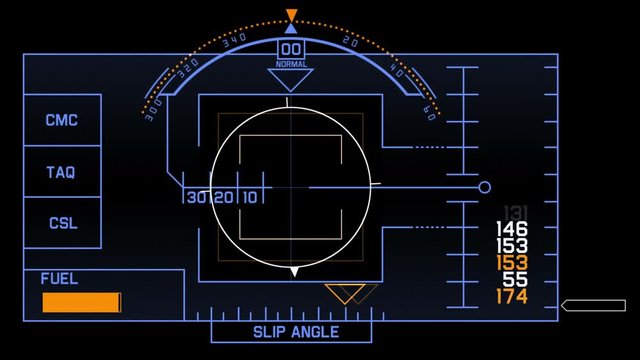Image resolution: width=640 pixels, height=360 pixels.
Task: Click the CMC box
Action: tap(62, 121)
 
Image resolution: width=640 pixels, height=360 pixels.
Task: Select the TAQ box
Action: tap(62, 172)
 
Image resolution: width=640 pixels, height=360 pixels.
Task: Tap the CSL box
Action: tap(62, 223)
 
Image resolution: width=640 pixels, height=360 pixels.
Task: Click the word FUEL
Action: tap(59, 279)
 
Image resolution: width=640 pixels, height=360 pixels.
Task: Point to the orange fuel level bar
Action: tap(81, 302)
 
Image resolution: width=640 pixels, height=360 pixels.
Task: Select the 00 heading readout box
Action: tap(291, 50)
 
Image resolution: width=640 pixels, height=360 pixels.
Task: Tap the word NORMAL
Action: tap(291, 65)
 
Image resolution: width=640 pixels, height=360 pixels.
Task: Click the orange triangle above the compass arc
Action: tap(291, 15)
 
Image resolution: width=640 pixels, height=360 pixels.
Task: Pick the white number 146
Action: tap(512, 229)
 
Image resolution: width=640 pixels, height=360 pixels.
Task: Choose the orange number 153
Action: tap(512, 263)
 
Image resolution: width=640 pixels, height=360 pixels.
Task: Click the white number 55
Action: tap(515, 280)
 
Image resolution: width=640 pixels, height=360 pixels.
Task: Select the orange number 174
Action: tap(512, 297)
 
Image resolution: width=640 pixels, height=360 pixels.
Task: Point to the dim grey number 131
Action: tap(514, 212)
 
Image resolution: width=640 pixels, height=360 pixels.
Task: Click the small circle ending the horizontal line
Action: tap(485, 188)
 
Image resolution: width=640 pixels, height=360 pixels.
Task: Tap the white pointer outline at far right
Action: tap(593, 305)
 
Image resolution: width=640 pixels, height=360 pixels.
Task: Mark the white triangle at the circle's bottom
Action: tap(294, 271)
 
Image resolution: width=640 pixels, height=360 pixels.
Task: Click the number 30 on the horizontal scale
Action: tap(196, 197)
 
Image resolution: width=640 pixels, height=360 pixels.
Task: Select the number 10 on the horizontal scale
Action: tap(248, 197)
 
